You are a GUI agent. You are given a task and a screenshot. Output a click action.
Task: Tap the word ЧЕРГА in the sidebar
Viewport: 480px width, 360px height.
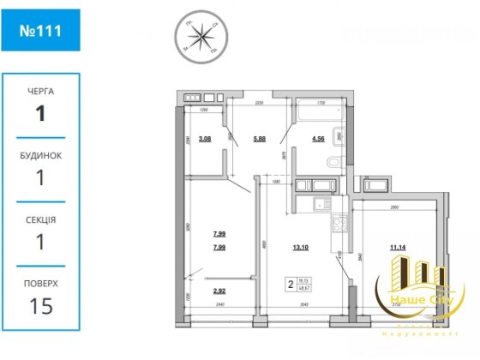40,89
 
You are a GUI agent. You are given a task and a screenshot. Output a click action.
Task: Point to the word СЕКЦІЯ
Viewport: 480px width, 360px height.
40,219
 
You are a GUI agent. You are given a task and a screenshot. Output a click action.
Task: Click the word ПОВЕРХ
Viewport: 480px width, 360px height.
40,283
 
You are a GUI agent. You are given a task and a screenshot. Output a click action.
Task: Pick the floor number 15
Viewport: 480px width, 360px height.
40,306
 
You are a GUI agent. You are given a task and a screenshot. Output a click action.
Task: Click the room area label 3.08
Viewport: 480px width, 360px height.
205,137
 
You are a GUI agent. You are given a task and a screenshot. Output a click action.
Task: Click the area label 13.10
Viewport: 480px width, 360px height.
301,249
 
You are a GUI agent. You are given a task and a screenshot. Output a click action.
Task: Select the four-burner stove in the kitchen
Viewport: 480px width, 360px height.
339,225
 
